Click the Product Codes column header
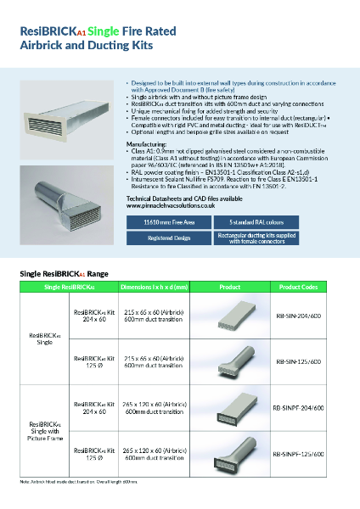point(298,287)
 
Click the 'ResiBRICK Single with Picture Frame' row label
point(47,430)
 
